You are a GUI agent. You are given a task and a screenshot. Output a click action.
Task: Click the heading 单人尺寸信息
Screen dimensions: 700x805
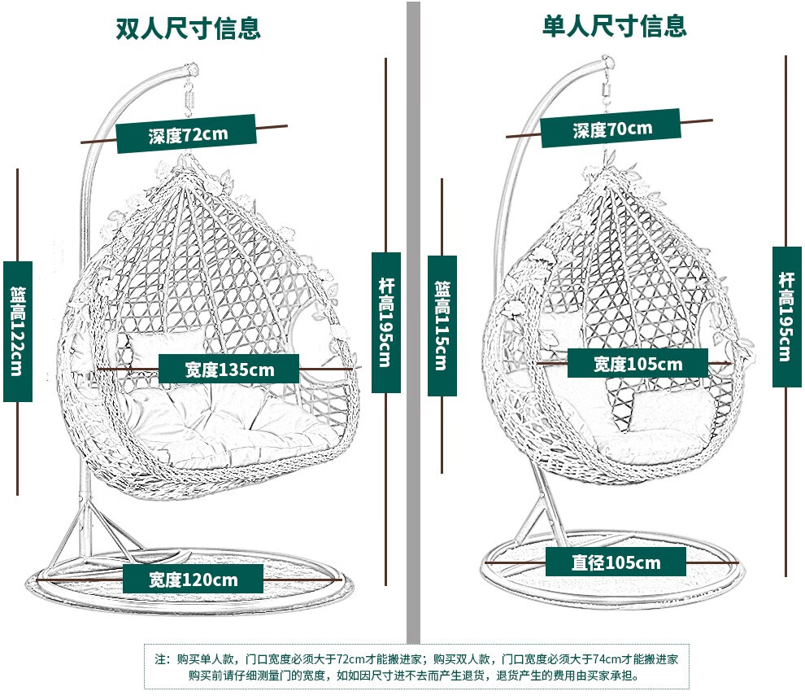[615, 26]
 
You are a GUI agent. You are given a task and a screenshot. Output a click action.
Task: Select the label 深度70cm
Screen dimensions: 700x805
[611, 129]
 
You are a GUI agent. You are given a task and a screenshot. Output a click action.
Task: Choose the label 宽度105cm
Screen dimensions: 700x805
[637, 364]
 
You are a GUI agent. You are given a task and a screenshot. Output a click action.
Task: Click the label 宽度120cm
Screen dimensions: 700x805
[194, 580]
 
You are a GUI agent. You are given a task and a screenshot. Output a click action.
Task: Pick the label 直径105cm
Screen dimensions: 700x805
[616, 562]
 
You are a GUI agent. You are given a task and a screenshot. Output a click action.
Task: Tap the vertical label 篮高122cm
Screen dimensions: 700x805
[17, 331]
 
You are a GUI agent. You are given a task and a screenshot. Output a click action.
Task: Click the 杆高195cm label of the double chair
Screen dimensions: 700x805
[386, 322]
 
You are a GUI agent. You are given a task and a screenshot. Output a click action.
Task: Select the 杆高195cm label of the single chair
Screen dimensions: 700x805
[786, 317]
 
